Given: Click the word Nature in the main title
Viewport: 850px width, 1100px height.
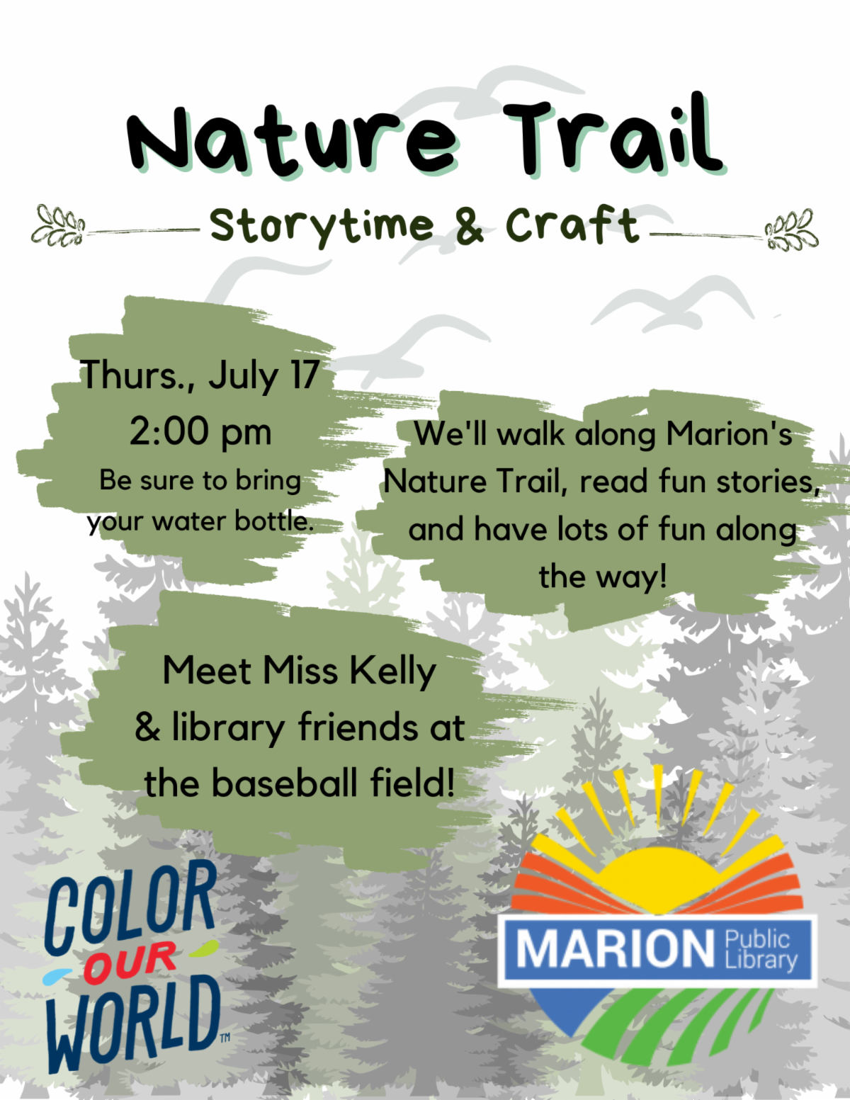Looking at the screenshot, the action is tap(292, 141).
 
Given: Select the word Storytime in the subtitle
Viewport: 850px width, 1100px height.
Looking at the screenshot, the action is tap(322, 227).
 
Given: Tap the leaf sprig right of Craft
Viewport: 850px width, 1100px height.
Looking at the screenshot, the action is tap(791, 229).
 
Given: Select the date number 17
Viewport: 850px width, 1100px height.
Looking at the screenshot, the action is tap(304, 375).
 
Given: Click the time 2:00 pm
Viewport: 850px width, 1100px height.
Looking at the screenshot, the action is tap(200, 432).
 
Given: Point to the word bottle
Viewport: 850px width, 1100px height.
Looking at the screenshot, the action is tap(273, 521).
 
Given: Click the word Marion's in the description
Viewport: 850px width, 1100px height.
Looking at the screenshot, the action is tap(729, 433).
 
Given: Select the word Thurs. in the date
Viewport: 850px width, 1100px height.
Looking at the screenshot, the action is tap(137, 375).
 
